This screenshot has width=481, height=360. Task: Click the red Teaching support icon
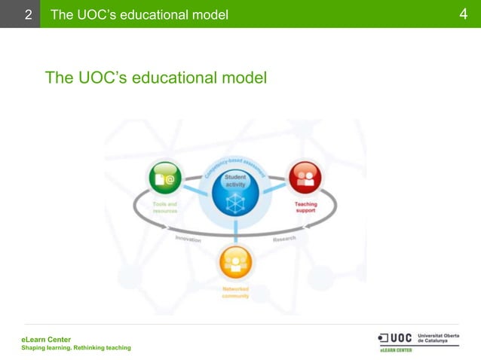click(x=305, y=178)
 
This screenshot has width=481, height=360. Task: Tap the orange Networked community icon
click(x=235, y=263)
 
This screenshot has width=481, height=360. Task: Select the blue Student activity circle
click(x=235, y=192)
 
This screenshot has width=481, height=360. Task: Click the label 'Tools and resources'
click(x=164, y=208)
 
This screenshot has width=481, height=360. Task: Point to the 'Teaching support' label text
click(x=305, y=207)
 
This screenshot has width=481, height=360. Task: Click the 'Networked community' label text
click(x=235, y=292)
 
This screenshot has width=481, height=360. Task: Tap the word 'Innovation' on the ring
click(x=188, y=238)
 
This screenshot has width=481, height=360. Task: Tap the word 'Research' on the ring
click(x=284, y=238)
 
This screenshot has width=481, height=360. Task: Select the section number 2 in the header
click(x=28, y=14)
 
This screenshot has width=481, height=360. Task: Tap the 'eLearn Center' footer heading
click(x=46, y=340)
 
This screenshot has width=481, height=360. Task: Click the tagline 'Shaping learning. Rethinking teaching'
click(x=75, y=348)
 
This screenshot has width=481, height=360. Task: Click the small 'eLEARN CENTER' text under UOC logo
click(x=395, y=350)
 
